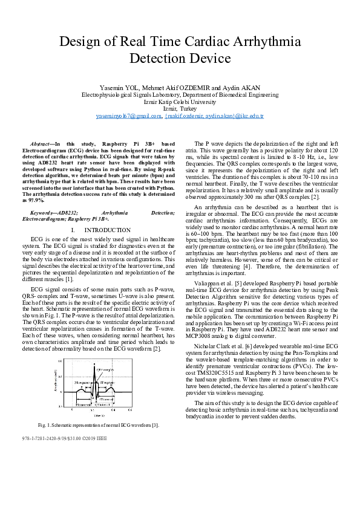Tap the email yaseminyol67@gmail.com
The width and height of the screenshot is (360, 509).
point(129,115)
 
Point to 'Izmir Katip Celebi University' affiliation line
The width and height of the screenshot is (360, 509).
point(180,102)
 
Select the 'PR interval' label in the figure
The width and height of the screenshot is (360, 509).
point(84,404)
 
